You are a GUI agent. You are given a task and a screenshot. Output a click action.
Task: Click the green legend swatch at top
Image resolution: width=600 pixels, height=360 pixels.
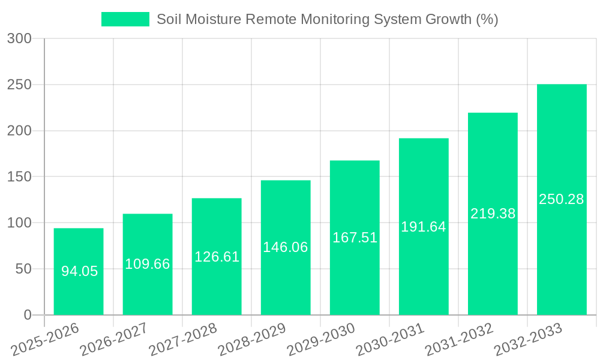[x=125, y=19]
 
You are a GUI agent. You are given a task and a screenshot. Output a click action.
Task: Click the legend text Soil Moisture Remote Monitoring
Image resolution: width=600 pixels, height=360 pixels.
[x=327, y=19]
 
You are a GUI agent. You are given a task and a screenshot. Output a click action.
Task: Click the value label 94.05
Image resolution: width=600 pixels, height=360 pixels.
[x=79, y=271]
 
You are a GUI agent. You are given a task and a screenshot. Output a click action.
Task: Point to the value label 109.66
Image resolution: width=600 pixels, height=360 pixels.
[x=148, y=264]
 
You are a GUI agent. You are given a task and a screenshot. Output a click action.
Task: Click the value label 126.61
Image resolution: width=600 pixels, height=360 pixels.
[x=217, y=257]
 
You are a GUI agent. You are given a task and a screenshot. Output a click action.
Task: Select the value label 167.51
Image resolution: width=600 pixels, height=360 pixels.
[x=355, y=238]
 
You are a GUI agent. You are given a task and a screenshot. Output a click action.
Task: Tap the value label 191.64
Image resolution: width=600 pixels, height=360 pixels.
[x=424, y=227]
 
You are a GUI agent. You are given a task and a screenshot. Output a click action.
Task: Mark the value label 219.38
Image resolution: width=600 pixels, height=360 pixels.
[x=493, y=214]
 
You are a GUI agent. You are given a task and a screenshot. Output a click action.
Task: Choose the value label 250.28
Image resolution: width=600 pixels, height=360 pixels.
[x=562, y=199]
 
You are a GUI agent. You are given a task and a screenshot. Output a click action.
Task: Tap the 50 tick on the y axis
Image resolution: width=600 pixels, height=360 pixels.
[x=23, y=269]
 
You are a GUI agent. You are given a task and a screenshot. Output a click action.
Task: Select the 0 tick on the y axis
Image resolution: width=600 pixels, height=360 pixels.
[x=27, y=315]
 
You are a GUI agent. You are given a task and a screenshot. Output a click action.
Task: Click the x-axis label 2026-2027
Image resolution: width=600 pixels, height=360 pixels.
[x=115, y=338]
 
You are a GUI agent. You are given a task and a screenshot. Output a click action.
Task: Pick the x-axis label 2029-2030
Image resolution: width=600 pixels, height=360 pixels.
[x=322, y=338]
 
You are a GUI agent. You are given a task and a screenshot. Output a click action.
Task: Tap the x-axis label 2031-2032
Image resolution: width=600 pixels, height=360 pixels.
[x=460, y=338]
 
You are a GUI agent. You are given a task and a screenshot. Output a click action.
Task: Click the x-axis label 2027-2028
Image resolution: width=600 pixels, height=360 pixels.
[x=184, y=338]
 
